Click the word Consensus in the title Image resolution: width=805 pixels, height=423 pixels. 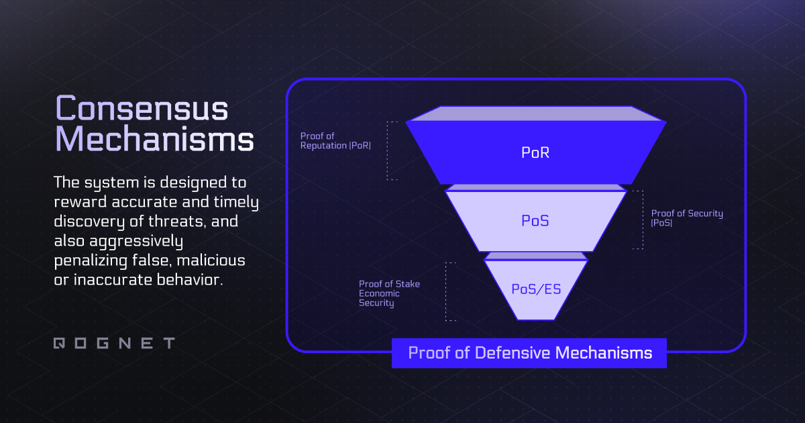coord(142,109)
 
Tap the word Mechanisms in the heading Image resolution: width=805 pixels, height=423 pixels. coord(154,140)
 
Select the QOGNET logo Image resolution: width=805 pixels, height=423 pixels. coord(113,343)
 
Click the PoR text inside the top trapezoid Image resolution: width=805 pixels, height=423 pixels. coord(535,153)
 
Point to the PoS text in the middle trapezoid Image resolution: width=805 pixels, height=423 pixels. coord(535,220)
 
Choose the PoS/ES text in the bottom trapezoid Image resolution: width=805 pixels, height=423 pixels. coord(535,289)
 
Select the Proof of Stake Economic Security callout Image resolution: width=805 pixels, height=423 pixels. coord(389,293)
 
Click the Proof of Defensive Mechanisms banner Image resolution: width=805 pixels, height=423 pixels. coord(529,353)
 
